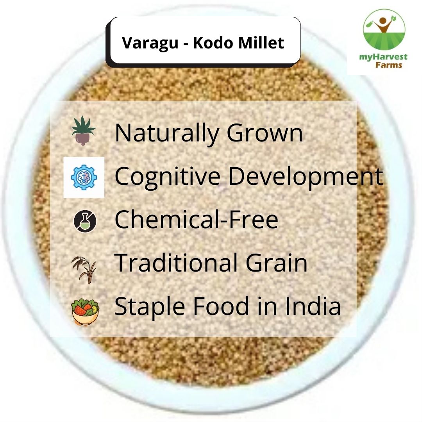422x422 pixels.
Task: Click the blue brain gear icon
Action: pos(84,177)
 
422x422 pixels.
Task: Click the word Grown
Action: pos(265,133)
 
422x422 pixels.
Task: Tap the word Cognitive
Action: pos(167,177)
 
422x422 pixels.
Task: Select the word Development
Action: pos(305,177)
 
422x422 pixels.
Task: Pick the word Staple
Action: pos(148,307)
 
